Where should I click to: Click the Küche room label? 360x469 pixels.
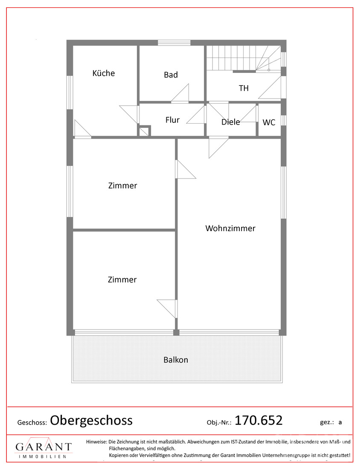click(x=104, y=73)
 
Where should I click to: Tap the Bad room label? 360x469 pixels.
click(x=171, y=75)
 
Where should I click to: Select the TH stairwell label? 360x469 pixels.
click(x=244, y=88)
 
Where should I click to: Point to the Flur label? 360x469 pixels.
click(x=172, y=120)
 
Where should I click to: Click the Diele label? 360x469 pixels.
click(x=230, y=122)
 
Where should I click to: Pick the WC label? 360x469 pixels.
click(x=269, y=122)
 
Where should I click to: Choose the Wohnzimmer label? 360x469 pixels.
click(x=230, y=228)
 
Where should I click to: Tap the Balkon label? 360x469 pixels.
click(x=176, y=360)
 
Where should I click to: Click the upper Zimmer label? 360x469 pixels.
click(x=122, y=185)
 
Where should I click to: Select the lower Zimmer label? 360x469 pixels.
click(x=122, y=280)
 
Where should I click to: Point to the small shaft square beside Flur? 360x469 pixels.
click(x=144, y=131)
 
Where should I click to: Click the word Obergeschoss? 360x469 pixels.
click(x=91, y=420)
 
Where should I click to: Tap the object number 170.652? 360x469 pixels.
click(x=258, y=420)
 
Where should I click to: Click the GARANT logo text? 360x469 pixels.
click(x=44, y=447)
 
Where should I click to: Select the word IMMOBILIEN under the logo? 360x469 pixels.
click(x=43, y=457)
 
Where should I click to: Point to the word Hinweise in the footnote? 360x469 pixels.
click(x=96, y=441)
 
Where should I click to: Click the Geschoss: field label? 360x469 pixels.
click(x=32, y=423)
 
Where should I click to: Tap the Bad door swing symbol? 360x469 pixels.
click(x=180, y=93)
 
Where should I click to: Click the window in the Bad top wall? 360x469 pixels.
click(x=174, y=43)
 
